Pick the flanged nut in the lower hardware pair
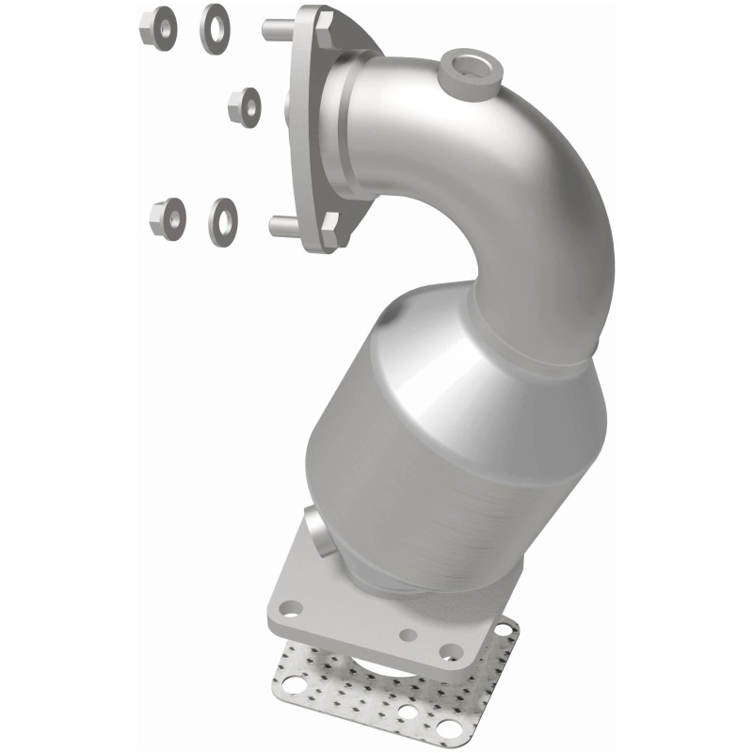click(x=167, y=219)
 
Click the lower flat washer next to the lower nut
click(x=224, y=219)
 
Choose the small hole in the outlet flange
click(x=409, y=634)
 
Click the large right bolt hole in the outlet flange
click(x=450, y=650)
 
